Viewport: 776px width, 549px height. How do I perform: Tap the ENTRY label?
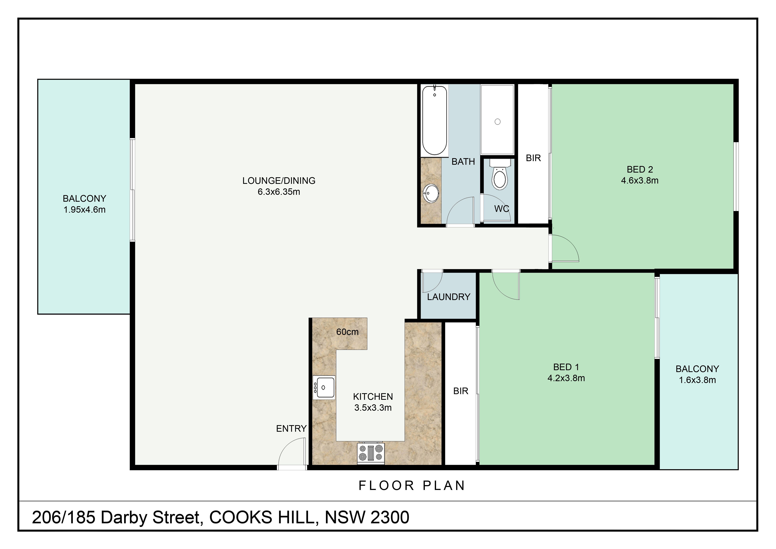point(291,429)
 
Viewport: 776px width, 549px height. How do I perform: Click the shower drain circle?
point(498,122)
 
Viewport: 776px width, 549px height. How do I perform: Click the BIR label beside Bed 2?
point(533,158)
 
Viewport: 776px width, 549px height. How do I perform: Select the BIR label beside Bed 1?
point(461,391)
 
